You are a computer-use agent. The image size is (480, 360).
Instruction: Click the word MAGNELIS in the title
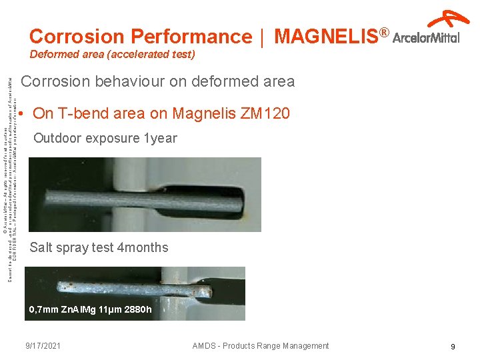(x=325, y=36)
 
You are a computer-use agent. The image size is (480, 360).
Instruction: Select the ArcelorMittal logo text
(x=426, y=38)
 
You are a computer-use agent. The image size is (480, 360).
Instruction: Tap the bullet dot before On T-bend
(x=23, y=114)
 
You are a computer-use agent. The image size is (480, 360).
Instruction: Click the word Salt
(x=41, y=247)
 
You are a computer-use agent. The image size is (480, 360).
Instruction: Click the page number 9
(x=453, y=347)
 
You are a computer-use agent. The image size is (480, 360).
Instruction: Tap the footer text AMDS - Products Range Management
(x=260, y=345)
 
